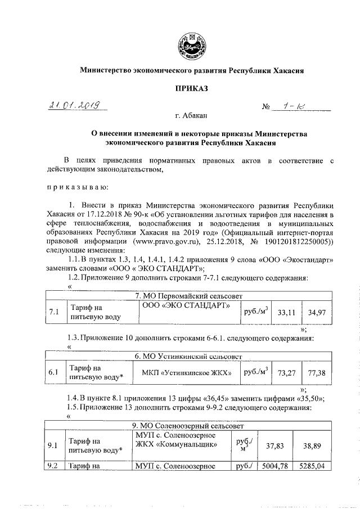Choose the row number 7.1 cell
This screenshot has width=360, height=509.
pos(54,312)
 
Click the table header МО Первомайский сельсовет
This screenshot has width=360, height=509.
pos(188,295)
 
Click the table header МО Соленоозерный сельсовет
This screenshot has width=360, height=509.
pos(188,425)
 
